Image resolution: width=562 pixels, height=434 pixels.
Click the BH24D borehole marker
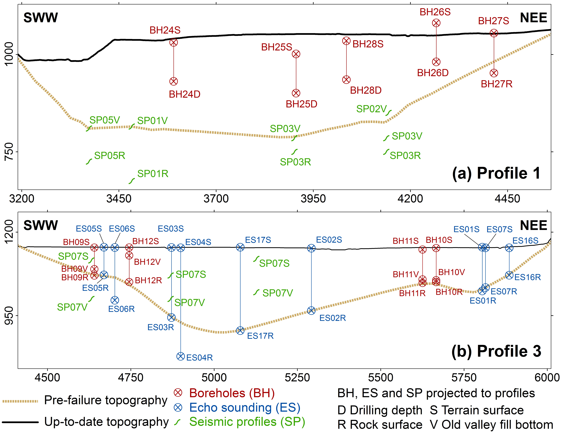pyautogui.click(x=174, y=81)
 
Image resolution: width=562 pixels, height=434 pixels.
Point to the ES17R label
pyautogui.click(x=260, y=336)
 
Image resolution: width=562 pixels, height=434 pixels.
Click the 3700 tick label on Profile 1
pyautogui.click(x=216, y=199)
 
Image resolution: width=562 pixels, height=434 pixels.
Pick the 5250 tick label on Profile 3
pyautogui.click(x=297, y=378)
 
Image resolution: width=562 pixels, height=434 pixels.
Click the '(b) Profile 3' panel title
pyautogui.click(x=496, y=351)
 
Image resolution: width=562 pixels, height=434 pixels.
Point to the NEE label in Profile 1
pyautogui.click(x=533, y=18)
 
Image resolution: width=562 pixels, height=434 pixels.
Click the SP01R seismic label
pyautogui.click(x=153, y=174)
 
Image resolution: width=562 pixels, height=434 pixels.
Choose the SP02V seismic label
pyautogui.click(x=371, y=109)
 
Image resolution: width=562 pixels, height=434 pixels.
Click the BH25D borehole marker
pyautogui.click(x=296, y=93)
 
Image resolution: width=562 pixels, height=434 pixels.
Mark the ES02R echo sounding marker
pyautogui.click(x=311, y=311)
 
